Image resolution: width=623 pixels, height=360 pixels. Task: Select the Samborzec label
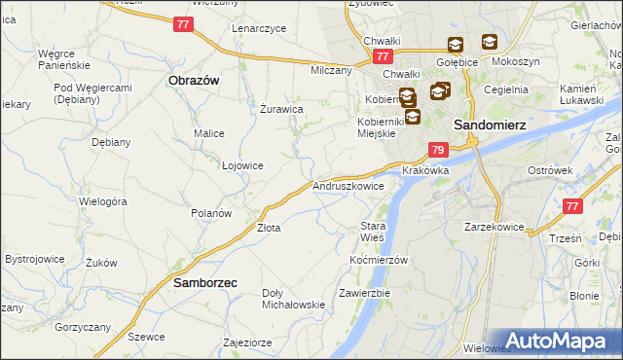click(206, 283)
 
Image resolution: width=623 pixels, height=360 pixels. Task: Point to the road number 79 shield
click(438, 150)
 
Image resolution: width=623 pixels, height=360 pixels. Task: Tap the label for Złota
click(269, 228)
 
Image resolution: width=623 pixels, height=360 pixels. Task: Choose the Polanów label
click(210, 212)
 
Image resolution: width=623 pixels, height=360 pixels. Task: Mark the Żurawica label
click(281, 109)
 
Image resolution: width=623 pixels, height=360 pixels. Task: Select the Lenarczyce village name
click(259, 28)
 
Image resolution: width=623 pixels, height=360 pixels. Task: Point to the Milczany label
click(331, 70)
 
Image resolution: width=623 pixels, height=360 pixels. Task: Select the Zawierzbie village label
click(364, 292)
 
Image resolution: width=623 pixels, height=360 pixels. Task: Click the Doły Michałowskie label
click(293, 298)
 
